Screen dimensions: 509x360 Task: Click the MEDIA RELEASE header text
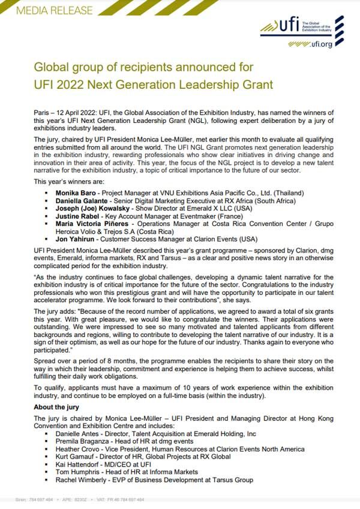(x=47, y=10)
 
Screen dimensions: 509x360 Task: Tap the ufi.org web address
(x=319, y=44)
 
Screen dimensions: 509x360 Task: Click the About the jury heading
(x=61, y=408)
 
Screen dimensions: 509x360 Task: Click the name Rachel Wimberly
(x=81, y=480)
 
